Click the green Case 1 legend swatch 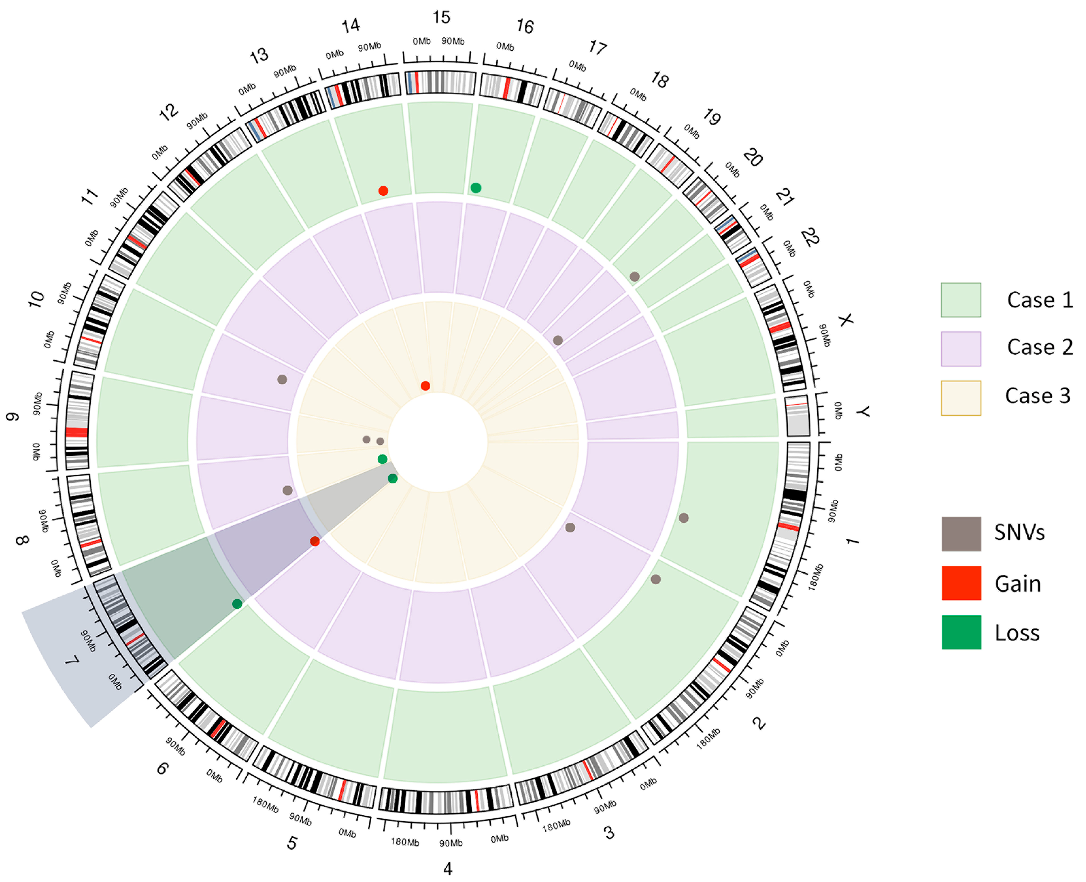(960, 300)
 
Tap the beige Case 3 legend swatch (960, 398)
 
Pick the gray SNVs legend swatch (960, 533)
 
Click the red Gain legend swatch (960, 583)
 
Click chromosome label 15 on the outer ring (441, 18)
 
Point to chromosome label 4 (447, 869)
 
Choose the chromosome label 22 (810, 237)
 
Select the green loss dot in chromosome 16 (476, 188)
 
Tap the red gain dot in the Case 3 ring (425, 386)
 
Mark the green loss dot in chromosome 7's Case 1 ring (237, 604)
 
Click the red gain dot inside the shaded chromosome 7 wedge (315, 541)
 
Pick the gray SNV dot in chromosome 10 (282, 380)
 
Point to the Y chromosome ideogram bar (797, 417)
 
